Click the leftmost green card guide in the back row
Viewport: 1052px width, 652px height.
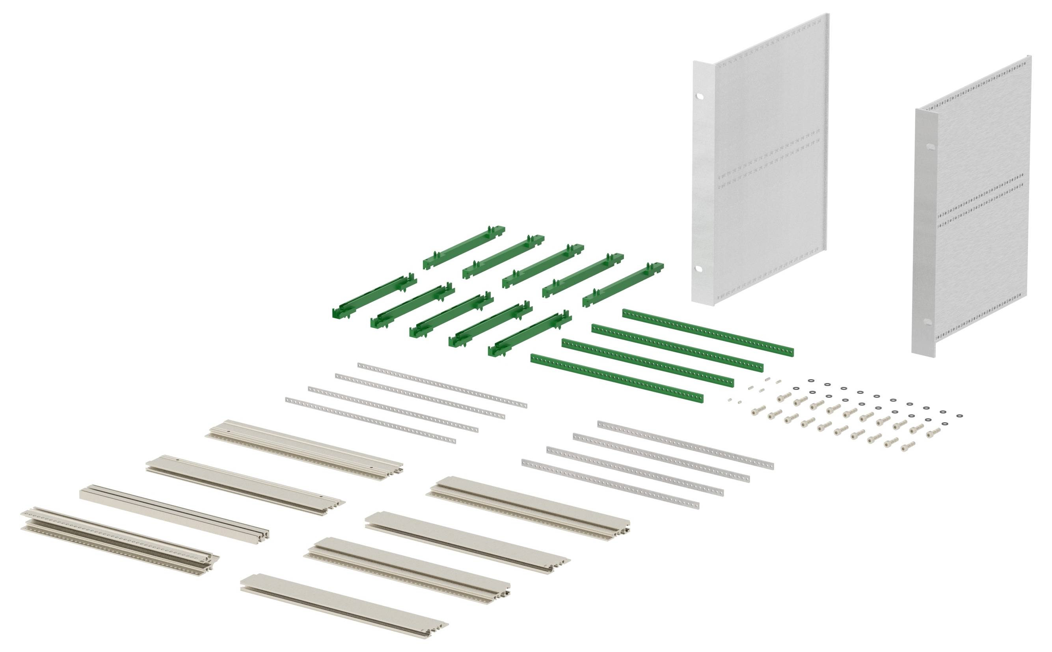[x=464, y=248]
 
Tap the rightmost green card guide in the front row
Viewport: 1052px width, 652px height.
[x=530, y=333]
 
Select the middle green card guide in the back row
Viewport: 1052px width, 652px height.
[x=543, y=266]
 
